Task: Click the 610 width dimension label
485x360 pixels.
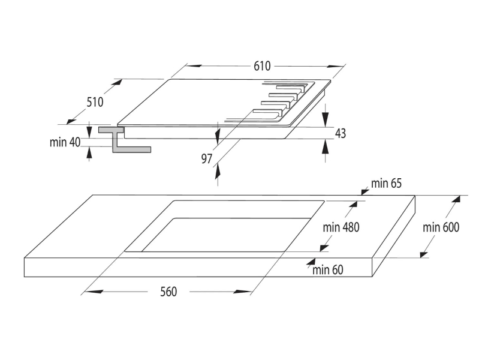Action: click(262, 66)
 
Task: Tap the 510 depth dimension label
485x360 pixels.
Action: click(95, 102)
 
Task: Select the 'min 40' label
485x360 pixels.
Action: click(65, 142)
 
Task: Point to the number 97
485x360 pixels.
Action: click(207, 158)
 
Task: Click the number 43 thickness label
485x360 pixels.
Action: click(341, 133)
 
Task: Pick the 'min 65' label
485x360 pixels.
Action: click(386, 183)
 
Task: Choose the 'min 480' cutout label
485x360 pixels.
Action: click(341, 227)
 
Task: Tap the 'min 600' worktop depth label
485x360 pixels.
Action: click(441, 227)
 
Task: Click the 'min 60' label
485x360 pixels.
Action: click(328, 270)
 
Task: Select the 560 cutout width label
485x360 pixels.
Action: click(168, 292)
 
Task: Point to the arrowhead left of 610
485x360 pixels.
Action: click(194, 66)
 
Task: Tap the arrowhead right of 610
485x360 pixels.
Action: click(336, 66)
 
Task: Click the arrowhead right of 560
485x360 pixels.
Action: click(243, 292)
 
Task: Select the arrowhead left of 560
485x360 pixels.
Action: click(94, 292)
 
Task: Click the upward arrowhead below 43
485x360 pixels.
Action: click(325, 147)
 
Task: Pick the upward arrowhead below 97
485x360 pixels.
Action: click(218, 171)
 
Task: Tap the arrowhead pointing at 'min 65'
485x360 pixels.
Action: click(365, 192)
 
